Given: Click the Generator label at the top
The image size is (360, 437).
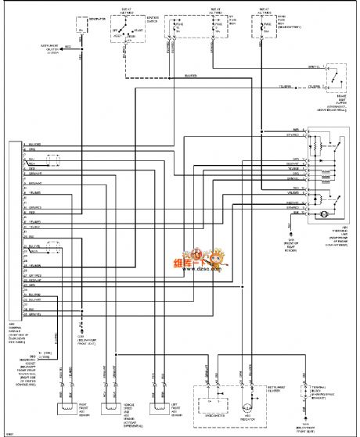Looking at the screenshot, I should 95,15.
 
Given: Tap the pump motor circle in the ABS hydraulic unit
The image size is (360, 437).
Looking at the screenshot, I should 317,213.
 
